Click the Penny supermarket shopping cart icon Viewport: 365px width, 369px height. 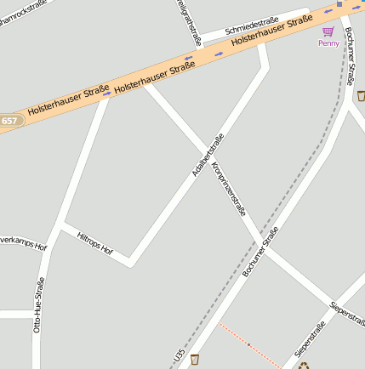coord(328,31)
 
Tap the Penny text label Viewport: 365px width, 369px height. coord(328,43)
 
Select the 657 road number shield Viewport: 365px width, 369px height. coord(9,121)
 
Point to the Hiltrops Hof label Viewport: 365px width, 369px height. coord(94,243)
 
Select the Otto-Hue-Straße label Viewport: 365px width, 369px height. coord(38,304)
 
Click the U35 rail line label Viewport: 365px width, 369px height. coord(179,358)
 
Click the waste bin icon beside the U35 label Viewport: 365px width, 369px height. coord(195,359)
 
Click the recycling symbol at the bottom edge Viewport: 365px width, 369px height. coord(304,366)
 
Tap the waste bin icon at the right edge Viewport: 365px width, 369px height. coord(361,95)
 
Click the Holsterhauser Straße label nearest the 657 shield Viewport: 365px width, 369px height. coord(68,100)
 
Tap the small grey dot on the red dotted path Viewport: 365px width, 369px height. coord(248,344)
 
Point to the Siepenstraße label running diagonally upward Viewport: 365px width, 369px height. coord(310,339)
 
